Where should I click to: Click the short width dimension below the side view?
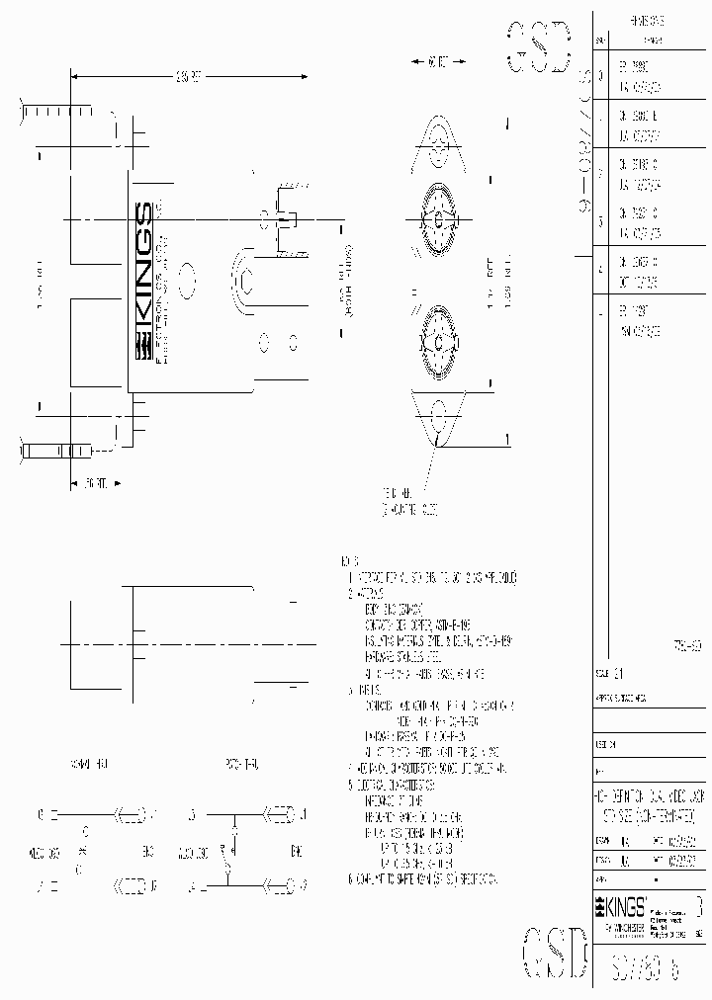pos(96,483)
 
